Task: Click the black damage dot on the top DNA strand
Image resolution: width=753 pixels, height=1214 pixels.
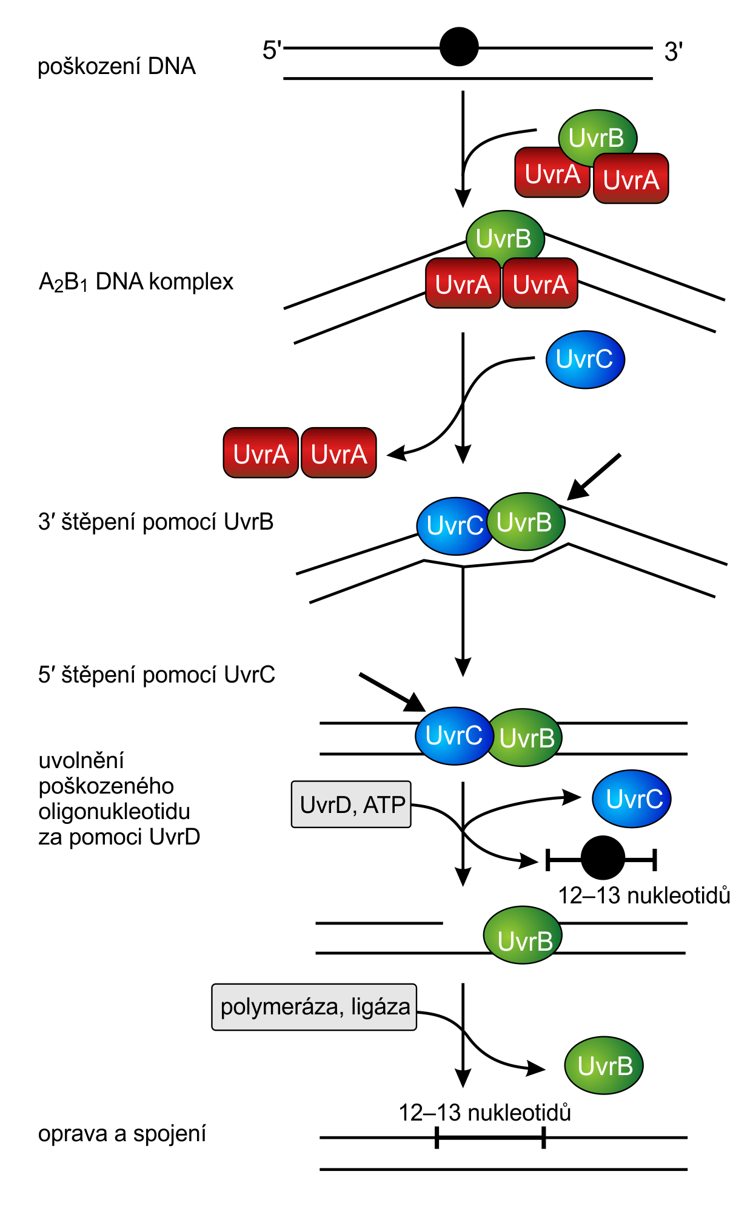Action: (x=459, y=47)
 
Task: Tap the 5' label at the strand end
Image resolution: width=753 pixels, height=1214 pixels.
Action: (x=272, y=50)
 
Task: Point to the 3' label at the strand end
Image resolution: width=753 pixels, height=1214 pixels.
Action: (x=674, y=52)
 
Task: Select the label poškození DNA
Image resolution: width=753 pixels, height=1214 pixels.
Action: (x=116, y=66)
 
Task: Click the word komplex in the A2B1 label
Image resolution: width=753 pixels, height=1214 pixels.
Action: (x=191, y=282)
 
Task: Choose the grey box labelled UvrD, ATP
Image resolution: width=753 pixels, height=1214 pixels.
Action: (x=351, y=804)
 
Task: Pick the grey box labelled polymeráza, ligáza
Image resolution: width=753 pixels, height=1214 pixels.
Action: (x=314, y=1007)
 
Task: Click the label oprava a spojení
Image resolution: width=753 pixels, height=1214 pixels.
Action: (x=122, y=1133)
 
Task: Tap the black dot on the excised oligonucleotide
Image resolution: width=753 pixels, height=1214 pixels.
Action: (x=603, y=858)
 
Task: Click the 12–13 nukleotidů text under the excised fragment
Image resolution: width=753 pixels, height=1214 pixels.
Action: (x=644, y=895)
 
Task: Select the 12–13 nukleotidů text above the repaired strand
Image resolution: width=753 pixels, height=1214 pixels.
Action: (x=484, y=1113)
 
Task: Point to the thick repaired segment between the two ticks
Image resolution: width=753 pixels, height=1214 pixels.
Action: (x=490, y=1138)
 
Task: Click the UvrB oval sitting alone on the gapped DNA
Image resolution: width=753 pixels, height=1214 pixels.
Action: (x=523, y=935)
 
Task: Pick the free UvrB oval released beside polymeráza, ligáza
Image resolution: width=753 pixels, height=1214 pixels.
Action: (x=604, y=1065)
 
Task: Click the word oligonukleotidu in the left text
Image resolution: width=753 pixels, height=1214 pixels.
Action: (x=114, y=811)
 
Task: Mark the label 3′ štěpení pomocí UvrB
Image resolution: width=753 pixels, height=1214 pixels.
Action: (x=156, y=522)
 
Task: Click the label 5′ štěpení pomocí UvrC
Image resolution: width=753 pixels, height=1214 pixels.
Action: (x=156, y=675)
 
